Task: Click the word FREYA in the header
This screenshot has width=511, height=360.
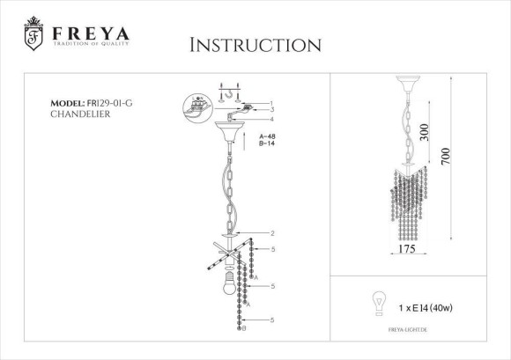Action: click(89, 33)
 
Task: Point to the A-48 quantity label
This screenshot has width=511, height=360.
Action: click(270, 138)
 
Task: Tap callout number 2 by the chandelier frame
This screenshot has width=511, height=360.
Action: click(274, 233)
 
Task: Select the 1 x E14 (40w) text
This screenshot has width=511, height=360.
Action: click(427, 308)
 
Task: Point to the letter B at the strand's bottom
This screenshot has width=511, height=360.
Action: click(243, 327)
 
